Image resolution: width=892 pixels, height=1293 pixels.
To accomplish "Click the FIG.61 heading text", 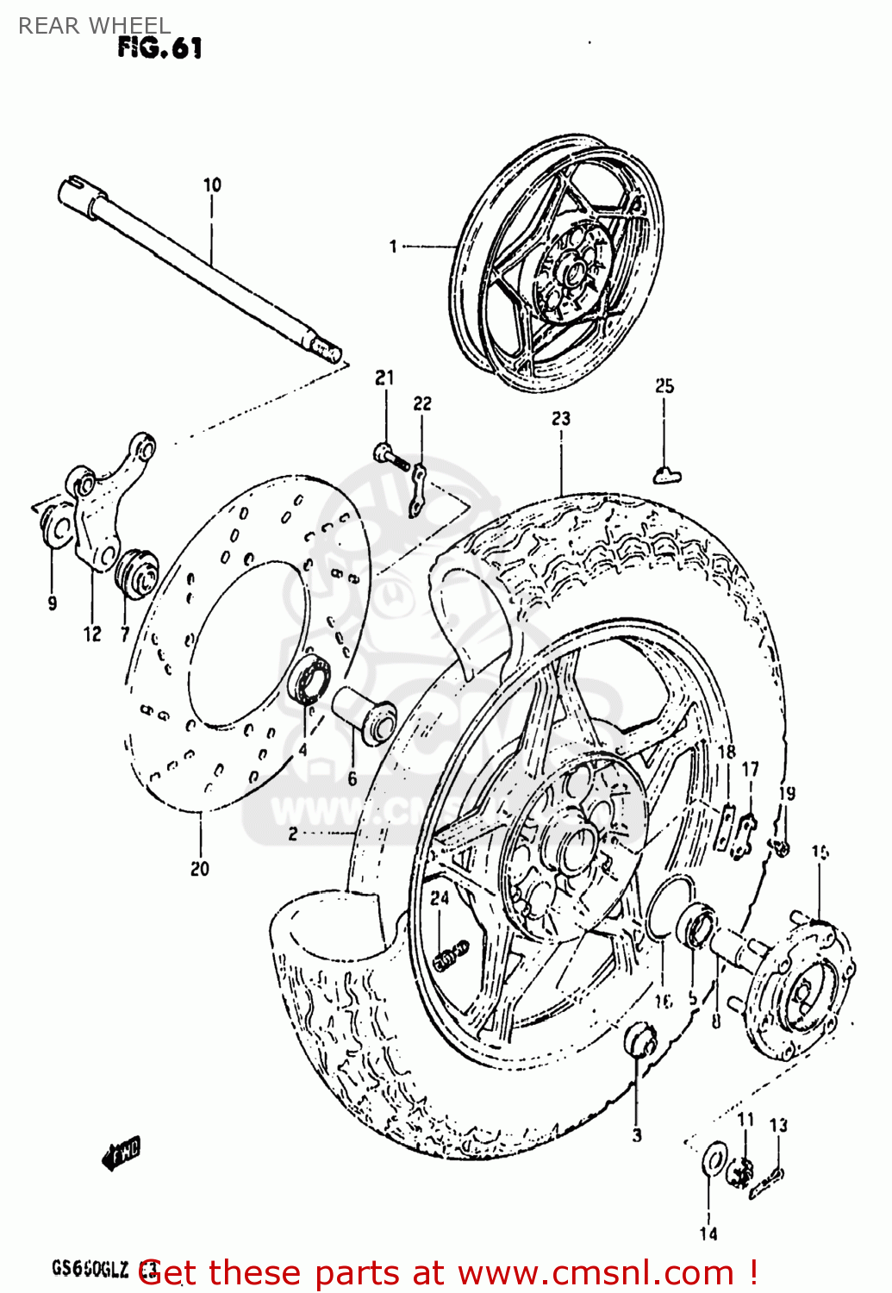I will click(159, 47).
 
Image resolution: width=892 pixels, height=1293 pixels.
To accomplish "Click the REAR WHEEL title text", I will click(94, 26).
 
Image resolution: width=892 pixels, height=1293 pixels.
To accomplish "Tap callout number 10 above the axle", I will click(212, 184).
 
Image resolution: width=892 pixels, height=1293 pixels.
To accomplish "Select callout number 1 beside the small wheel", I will click(393, 247).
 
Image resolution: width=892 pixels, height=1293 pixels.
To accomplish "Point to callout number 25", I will click(664, 386).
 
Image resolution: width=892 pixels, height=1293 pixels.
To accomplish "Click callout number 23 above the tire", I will click(561, 418).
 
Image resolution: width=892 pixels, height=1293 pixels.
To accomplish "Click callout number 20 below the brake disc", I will click(200, 869).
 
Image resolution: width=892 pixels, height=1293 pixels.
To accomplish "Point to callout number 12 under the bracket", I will click(92, 634).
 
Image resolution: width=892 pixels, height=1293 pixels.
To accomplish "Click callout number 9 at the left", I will click(52, 603).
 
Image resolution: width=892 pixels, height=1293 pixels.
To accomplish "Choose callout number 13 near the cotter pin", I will click(778, 1125).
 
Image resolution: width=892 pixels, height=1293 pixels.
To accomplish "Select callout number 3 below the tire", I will click(637, 1135).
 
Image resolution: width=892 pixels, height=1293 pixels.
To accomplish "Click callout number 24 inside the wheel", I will click(440, 897).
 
